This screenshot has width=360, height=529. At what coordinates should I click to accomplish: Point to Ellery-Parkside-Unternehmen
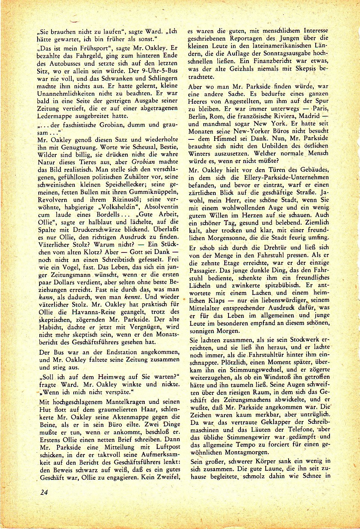click(x=287, y=177)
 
